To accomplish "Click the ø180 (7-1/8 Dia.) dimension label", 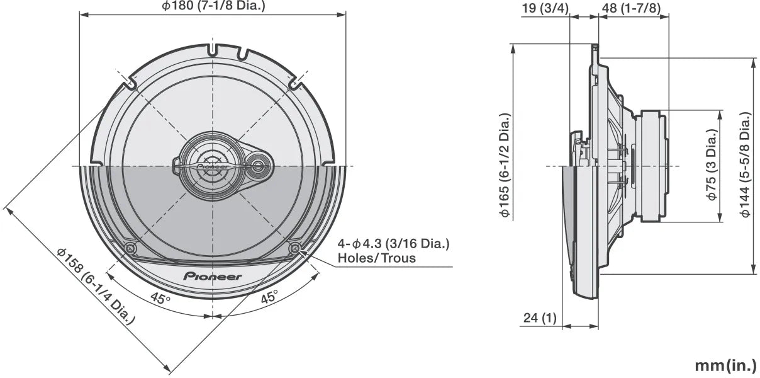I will [x=213, y=6].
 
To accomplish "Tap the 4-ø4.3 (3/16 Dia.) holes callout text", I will [x=393, y=244].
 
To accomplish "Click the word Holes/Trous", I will [x=376, y=258].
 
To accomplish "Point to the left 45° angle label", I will [x=160, y=298].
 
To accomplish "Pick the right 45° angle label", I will [x=269, y=298].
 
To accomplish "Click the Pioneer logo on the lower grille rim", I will [x=213, y=276].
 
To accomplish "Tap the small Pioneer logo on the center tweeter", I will [x=212, y=166].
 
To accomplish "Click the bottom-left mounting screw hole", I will [x=130, y=249].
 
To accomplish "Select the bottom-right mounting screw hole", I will [x=294, y=248].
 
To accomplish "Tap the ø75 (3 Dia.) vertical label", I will [x=712, y=165].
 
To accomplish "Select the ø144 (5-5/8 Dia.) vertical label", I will [x=746, y=165].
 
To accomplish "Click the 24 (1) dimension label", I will [x=539, y=318].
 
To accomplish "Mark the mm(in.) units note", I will [x=725, y=365].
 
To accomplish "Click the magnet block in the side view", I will [x=650, y=166].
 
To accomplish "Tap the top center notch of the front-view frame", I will [x=213, y=48].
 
